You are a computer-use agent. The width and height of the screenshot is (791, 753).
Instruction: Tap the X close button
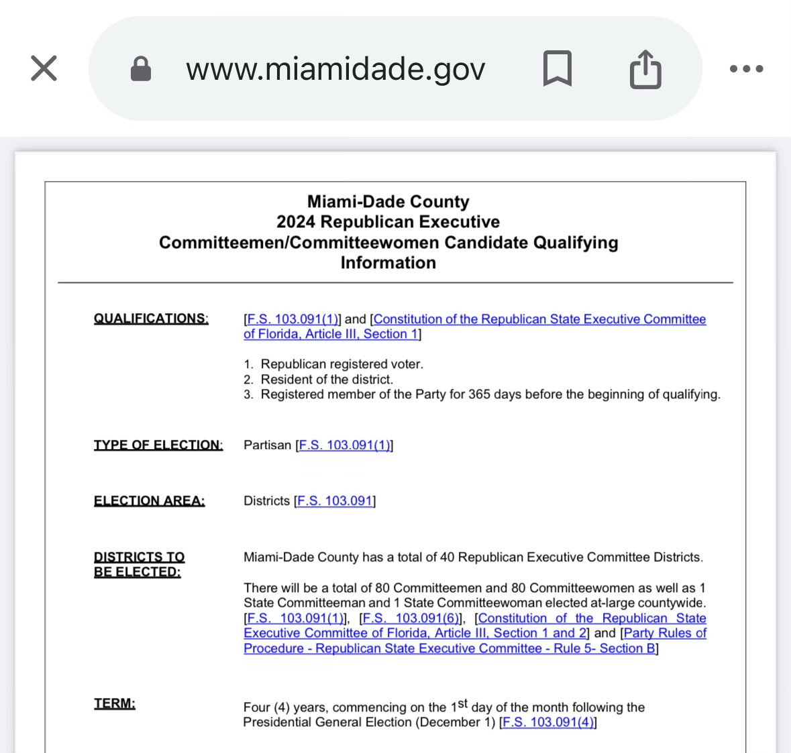44,68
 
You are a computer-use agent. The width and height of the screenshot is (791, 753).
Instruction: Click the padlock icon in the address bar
140,68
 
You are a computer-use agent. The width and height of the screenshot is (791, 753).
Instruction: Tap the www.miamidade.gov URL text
335,69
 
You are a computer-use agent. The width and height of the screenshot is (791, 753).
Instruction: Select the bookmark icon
557,68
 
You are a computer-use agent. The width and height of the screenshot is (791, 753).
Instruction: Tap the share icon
645,68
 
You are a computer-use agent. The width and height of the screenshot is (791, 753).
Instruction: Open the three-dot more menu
746,68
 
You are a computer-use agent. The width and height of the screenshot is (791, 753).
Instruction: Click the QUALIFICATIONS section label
151,318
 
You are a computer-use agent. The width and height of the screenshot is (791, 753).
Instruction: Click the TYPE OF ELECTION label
158,445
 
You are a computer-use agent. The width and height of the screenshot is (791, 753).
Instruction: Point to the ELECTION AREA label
149,501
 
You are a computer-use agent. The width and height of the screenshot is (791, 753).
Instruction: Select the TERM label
114,703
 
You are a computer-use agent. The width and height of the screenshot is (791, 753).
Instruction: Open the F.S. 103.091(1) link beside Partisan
344,445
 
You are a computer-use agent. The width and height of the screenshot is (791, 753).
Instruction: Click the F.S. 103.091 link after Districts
334,501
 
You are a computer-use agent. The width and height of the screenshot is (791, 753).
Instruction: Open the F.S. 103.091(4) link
547,722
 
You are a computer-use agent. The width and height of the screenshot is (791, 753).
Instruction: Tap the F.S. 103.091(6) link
411,618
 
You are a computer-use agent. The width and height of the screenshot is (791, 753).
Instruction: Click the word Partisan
267,445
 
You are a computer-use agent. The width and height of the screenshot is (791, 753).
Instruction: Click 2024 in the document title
296,222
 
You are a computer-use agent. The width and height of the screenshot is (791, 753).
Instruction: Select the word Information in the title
388,263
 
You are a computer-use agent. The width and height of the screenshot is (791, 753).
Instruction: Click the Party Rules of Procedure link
665,633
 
